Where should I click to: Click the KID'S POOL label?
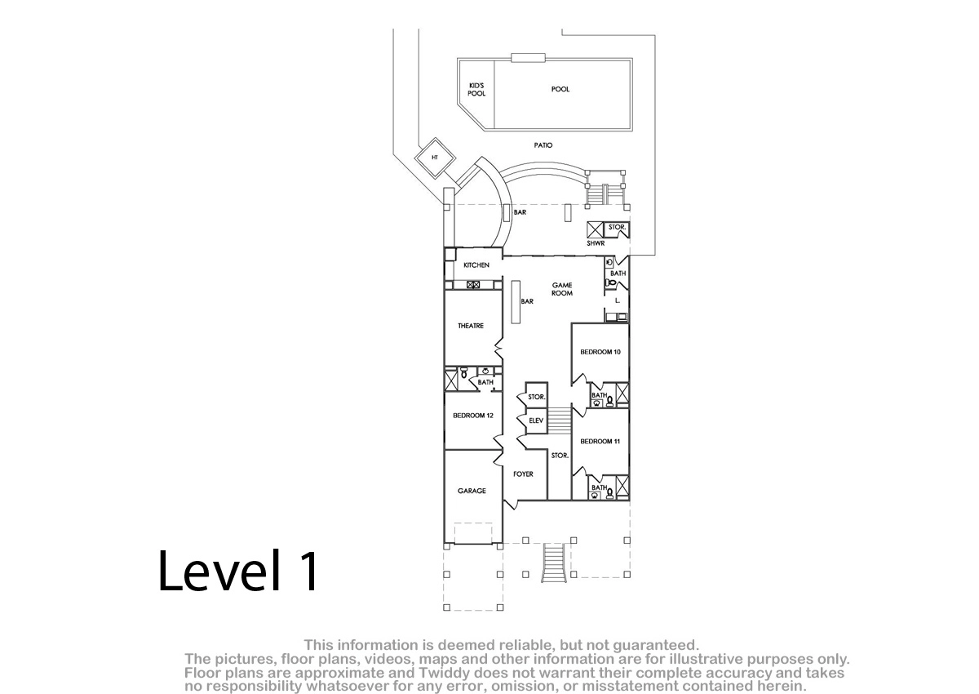click(476, 90)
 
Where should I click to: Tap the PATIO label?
click(543, 145)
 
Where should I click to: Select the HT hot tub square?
click(435, 158)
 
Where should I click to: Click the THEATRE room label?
click(471, 326)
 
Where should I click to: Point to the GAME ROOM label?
click(562, 289)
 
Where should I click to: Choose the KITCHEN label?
click(476, 265)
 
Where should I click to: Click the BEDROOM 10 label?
click(600, 352)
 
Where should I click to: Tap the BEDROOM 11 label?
click(600, 441)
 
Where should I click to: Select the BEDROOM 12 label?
click(473, 416)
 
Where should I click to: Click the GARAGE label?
click(472, 491)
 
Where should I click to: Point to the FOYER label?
click(523, 474)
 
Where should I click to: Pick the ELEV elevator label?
click(536, 420)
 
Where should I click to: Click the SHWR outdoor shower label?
click(596, 243)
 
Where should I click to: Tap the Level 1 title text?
click(238, 571)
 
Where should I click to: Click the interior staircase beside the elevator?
click(560, 420)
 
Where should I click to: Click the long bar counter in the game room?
click(516, 302)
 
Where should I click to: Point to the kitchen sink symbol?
click(473, 285)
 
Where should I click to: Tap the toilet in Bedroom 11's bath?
click(609, 493)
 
